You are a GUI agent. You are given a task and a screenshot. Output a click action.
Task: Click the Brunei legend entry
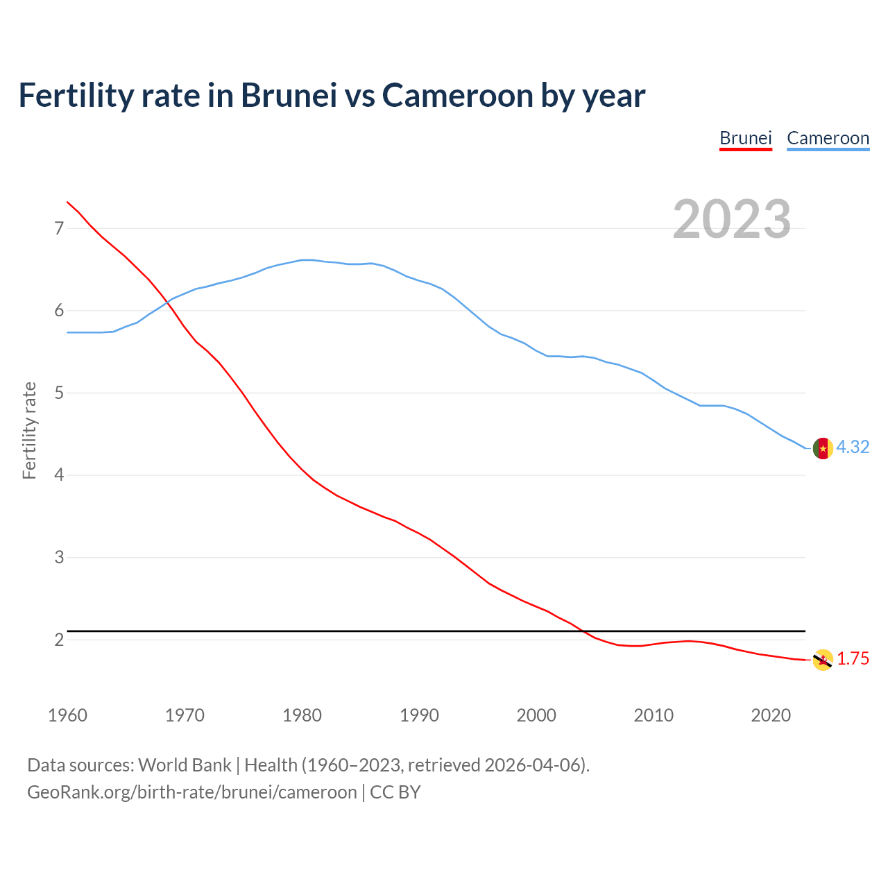(745, 138)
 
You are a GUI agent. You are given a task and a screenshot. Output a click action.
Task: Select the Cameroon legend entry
(828, 138)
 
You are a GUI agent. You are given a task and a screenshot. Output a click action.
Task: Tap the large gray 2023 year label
(732, 219)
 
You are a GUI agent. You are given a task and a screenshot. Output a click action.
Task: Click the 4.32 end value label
(853, 447)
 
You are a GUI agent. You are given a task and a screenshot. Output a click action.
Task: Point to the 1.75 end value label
(853, 659)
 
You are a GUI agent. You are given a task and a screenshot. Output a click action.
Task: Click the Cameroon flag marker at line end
(823, 448)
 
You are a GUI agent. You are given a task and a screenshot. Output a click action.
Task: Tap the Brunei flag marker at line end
(823, 660)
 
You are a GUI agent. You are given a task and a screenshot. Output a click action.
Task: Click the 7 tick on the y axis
(58, 228)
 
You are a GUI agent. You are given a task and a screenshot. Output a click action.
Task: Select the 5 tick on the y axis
(58, 393)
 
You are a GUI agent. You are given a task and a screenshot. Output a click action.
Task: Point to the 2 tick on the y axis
(58, 640)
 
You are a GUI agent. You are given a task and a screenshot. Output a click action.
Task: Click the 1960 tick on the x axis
(67, 715)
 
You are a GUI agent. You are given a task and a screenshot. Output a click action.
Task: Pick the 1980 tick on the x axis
(302, 715)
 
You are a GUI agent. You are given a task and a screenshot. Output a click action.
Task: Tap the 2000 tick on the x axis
(536, 715)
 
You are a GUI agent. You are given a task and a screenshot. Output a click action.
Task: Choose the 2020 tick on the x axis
(771, 715)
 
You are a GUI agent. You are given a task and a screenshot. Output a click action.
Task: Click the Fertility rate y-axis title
(29, 430)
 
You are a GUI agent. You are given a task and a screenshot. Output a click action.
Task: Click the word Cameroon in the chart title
(458, 95)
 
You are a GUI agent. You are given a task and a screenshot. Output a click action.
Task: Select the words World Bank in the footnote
(185, 765)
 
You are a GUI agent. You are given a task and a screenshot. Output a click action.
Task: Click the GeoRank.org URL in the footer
(191, 792)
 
